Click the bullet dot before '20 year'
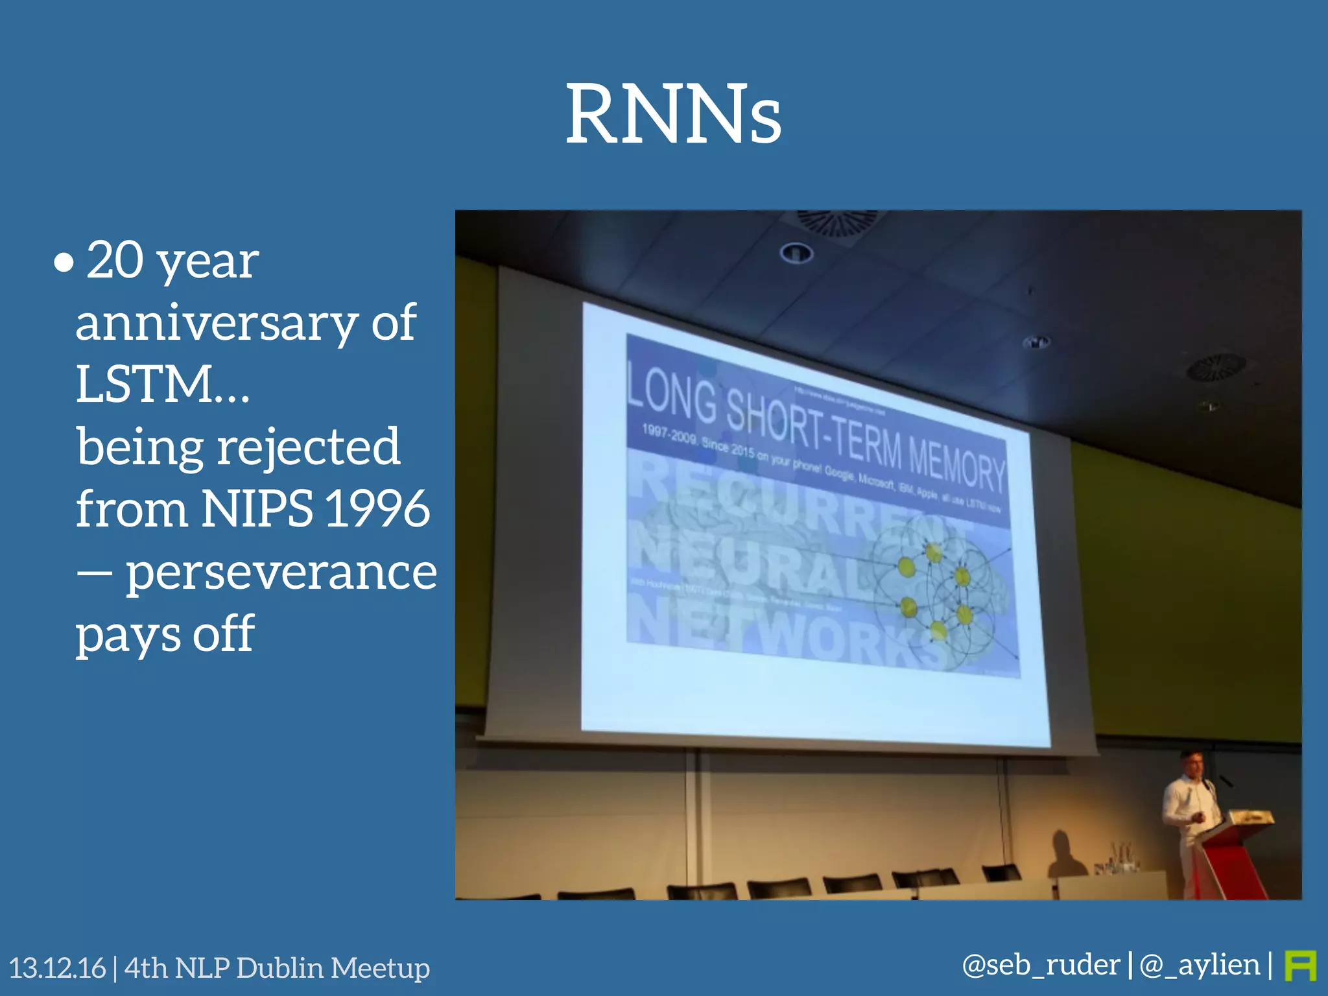tap(64, 263)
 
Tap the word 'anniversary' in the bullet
tap(216, 323)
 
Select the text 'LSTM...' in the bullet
tap(162, 384)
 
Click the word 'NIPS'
tap(257, 509)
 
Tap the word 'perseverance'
tap(281, 573)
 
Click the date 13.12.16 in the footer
tap(57, 967)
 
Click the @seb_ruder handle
tap(1041, 965)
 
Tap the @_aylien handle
tap(1199, 965)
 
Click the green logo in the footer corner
tap(1300, 966)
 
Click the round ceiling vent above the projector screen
tap(836, 222)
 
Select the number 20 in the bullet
tap(115, 261)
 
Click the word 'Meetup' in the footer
tap(380, 967)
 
